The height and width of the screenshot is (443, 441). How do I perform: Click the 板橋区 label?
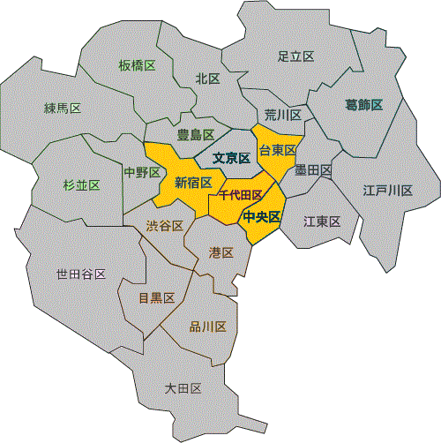(x=137, y=65)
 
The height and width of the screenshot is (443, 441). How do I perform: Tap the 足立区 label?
(x=295, y=56)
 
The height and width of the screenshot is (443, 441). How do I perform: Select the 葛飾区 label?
(x=363, y=105)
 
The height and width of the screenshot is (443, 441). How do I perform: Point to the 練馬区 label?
(x=63, y=109)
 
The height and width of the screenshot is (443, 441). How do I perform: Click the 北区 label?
(x=207, y=79)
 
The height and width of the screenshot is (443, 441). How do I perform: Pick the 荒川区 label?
(x=283, y=116)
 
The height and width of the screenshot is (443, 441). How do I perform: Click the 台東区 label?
(x=277, y=151)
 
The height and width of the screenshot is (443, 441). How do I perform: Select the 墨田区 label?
(x=313, y=169)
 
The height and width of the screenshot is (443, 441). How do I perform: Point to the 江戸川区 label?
(x=388, y=191)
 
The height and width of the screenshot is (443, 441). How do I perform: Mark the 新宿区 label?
(x=193, y=183)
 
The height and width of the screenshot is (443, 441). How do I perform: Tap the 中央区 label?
(x=262, y=216)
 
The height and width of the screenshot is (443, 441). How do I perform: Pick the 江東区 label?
(x=322, y=221)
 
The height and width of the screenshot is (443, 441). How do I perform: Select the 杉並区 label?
(x=81, y=184)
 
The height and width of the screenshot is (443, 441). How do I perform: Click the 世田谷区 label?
(x=81, y=274)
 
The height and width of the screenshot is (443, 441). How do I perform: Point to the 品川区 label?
(x=208, y=327)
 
